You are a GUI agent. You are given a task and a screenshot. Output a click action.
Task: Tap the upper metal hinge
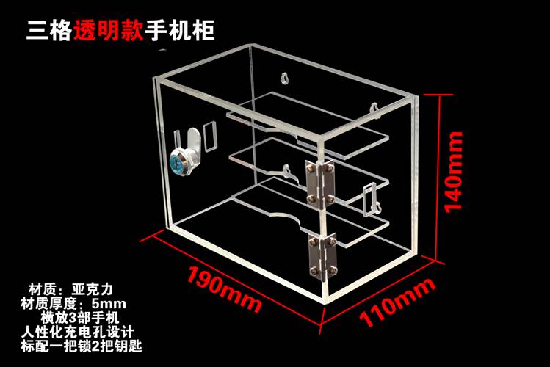click(x=317, y=181)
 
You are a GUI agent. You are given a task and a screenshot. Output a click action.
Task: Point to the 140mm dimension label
click(x=457, y=170)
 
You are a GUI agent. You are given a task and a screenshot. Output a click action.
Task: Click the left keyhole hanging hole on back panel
click(x=285, y=77)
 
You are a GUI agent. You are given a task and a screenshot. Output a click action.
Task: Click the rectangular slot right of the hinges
click(x=370, y=197)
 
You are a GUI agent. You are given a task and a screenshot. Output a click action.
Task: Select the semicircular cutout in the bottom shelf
click(x=282, y=218)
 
